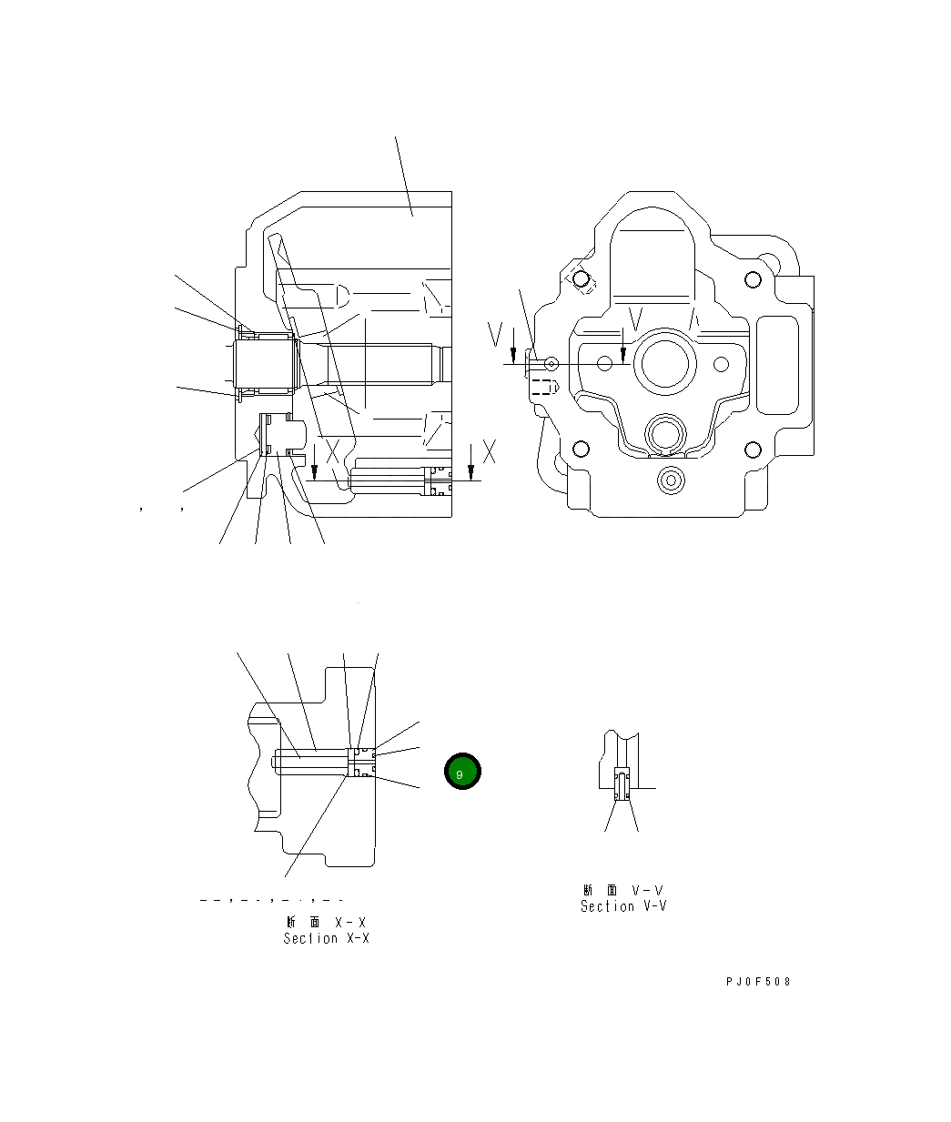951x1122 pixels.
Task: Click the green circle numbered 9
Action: pyautogui.click(x=462, y=772)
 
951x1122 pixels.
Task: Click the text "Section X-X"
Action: pyautogui.click(x=326, y=938)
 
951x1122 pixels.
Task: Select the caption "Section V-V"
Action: pyautogui.click(x=623, y=906)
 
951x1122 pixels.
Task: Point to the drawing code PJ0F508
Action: pyautogui.click(x=758, y=982)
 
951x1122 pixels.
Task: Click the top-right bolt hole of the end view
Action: pyautogui.click(x=752, y=279)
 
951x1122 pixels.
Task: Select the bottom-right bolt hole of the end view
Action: pyautogui.click(x=752, y=449)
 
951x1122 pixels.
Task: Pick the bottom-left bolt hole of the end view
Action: pyautogui.click(x=579, y=449)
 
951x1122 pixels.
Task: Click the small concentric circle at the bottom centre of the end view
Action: pyautogui.click(x=672, y=479)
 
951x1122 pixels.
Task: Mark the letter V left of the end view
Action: pyautogui.click(x=494, y=335)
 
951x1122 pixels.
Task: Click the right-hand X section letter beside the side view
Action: pyautogui.click(x=489, y=450)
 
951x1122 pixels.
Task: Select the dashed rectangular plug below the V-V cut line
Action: pyautogui.click(x=542, y=387)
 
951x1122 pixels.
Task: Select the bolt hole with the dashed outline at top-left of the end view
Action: pyautogui.click(x=580, y=279)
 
